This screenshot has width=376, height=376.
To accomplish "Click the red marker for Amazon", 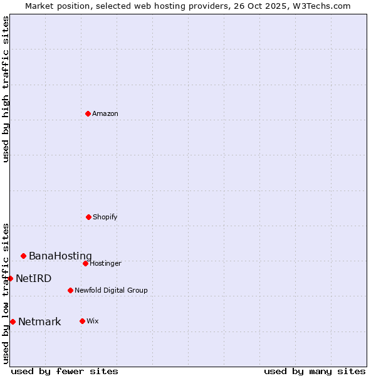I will click(88, 113).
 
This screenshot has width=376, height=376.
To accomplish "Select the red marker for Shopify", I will click(88, 217).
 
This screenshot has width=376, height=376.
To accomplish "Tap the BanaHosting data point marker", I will click(23, 256).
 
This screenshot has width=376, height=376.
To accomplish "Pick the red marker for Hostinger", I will click(85, 263).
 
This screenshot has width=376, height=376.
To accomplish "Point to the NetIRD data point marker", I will click(10, 278).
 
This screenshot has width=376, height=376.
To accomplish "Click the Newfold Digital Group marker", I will click(70, 290).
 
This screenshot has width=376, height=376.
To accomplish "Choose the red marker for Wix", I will click(82, 321).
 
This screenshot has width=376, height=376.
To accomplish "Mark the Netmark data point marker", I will click(13, 321).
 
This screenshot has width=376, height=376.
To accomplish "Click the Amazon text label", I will click(105, 113).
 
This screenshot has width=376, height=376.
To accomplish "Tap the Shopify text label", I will click(105, 217).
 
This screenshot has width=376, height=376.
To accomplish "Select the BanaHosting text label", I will click(60, 256).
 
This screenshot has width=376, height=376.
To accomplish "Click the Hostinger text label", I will click(105, 263).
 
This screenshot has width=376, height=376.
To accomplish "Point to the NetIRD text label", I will click(33, 278).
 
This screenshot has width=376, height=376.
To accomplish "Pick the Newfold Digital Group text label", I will click(111, 290).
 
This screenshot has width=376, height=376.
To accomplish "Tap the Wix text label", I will click(93, 321).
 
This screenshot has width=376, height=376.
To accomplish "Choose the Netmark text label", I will click(39, 321).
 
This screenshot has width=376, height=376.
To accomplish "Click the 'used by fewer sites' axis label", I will click(65, 371).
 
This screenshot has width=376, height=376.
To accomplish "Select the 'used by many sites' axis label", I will click(315, 371).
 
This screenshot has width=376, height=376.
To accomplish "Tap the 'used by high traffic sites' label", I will click(6, 89).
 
